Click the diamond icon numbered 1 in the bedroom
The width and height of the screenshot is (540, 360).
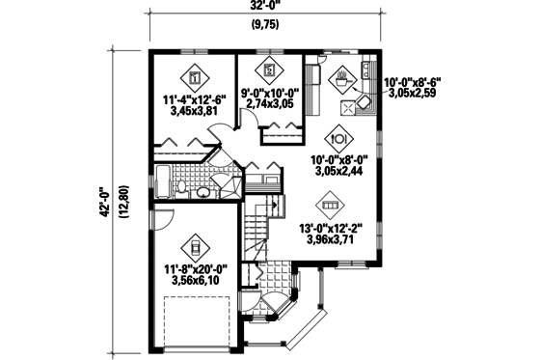point(194,77)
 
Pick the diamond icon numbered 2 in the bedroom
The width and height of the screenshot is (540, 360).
point(269,69)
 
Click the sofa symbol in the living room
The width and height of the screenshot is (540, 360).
point(329,207)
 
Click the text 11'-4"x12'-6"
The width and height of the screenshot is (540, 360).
point(195,98)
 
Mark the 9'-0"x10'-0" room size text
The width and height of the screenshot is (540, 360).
point(268,92)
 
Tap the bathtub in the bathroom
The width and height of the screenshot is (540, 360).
point(163,181)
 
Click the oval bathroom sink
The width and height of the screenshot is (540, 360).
point(203,192)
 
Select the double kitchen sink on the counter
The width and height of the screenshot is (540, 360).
point(367,71)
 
